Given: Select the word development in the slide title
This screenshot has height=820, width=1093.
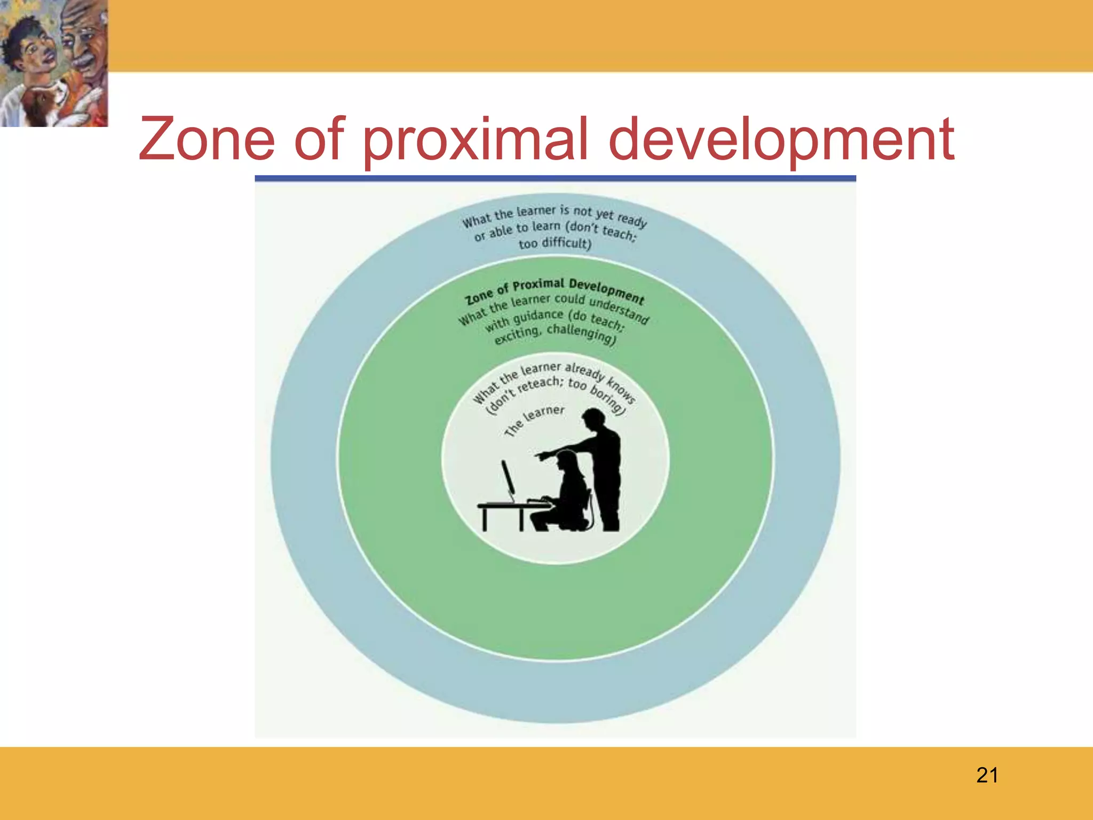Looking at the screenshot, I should coord(781,140).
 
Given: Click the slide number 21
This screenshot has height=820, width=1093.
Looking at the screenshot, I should coord(987,775).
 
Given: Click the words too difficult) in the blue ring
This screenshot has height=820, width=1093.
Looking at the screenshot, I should coord(555,243).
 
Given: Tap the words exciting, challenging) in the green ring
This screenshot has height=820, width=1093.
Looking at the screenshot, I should coord(555,334).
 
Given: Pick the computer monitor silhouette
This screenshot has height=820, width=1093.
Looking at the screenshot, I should coord(508,478).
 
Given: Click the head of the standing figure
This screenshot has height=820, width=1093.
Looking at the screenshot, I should coord(593,417).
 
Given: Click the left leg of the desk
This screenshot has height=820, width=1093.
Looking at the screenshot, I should coord(485,519).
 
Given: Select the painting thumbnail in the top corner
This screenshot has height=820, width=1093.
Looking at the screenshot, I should coord(54,63).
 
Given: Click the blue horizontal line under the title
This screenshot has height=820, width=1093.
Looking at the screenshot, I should coord(555,178).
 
